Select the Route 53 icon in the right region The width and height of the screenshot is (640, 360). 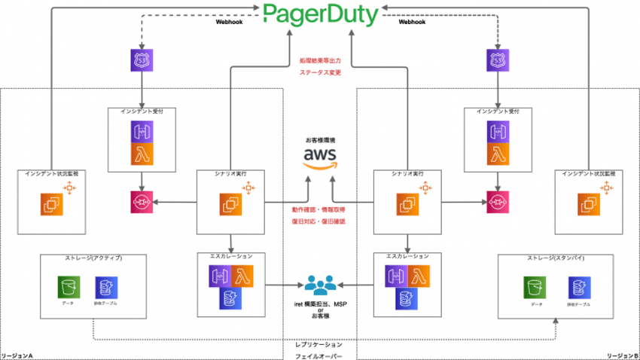497,62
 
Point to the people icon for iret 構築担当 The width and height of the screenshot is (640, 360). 319,286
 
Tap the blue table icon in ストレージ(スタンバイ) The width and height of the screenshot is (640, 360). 579,287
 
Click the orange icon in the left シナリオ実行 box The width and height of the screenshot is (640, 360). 230,203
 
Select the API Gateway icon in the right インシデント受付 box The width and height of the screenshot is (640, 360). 497,130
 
